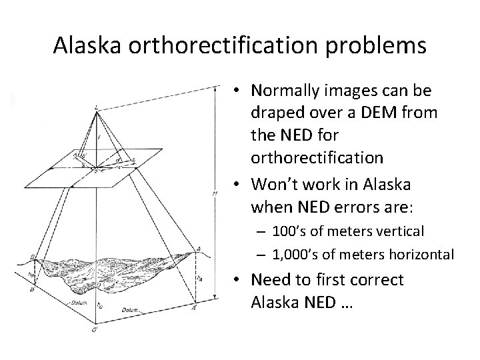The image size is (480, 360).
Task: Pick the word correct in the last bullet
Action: point(382,280)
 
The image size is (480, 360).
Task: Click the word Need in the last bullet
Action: point(271,280)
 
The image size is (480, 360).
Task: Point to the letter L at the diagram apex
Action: point(98,107)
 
